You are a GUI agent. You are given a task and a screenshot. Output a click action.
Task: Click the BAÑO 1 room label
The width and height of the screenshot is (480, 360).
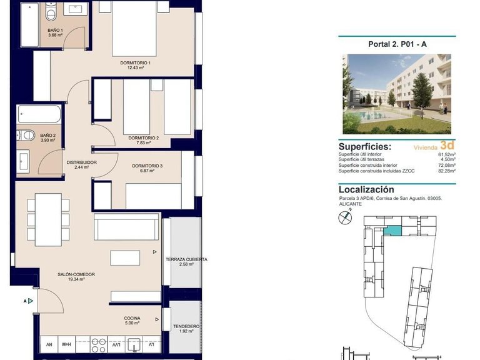pos(54,30)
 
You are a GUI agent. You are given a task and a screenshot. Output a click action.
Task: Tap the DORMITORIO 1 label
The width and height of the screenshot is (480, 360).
pos(136,63)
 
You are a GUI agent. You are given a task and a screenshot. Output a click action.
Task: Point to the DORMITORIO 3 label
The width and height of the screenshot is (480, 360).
pos(147,166)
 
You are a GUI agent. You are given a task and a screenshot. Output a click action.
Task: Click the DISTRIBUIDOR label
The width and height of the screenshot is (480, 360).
pos(81,162)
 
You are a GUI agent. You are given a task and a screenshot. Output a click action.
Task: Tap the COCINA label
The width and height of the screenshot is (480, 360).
pos(132,318)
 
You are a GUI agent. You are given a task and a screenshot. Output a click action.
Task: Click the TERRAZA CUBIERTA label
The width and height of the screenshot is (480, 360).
pos(186,259)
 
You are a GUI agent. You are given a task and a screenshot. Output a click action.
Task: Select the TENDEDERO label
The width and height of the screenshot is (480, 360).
pos(186,326)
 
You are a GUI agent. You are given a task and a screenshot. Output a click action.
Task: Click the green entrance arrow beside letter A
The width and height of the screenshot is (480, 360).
pos(31,301)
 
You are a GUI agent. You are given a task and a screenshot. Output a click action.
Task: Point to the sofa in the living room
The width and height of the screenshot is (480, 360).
pos(126,227)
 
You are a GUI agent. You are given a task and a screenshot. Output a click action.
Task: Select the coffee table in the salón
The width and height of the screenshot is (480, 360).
pos(126,257)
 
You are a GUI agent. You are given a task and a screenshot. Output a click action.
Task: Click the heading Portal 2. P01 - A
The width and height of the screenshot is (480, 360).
pos(397,44)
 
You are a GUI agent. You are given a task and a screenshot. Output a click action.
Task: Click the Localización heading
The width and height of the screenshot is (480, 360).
pos(366,189)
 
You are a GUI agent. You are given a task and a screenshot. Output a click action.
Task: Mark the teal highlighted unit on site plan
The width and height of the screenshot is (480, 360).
pos(392,231)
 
